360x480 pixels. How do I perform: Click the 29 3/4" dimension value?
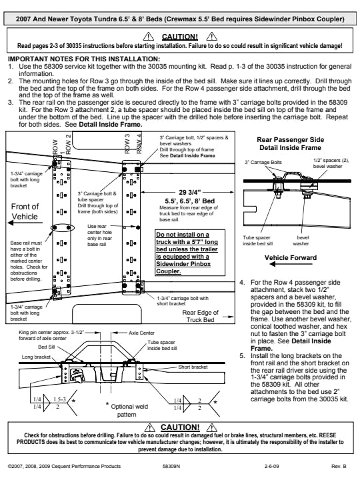[x=190, y=193]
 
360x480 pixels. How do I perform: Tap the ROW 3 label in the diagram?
[x=127, y=144]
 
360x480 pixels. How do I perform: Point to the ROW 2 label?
[x=68, y=144]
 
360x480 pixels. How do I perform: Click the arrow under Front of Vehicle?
[x=25, y=223]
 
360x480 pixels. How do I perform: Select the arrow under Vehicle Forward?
[x=291, y=264]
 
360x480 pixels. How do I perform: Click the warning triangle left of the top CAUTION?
[x=149, y=37]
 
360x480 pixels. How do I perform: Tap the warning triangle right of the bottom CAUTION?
[x=212, y=427]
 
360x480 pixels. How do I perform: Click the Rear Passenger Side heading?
[x=290, y=140]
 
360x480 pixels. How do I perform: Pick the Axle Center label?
[x=141, y=333]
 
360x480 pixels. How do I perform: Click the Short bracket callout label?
[x=193, y=367]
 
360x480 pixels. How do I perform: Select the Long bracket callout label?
[x=36, y=357]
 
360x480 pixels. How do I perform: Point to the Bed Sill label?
[x=47, y=347]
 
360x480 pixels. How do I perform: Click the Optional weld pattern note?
[x=129, y=411]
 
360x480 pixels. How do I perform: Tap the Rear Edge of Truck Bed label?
[x=200, y=316]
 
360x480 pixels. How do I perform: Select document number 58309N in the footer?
[x=171, y=466]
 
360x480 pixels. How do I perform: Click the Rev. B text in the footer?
[x=339, y=466]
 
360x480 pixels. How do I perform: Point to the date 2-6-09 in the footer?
[x=272, y=466]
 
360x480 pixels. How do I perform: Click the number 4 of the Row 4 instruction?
[x=242, y=283]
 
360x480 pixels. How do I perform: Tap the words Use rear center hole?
[x=99, y=229]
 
